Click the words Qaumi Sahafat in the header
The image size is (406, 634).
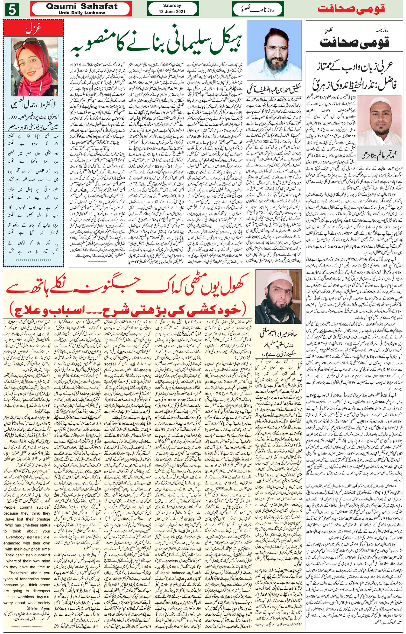82,7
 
